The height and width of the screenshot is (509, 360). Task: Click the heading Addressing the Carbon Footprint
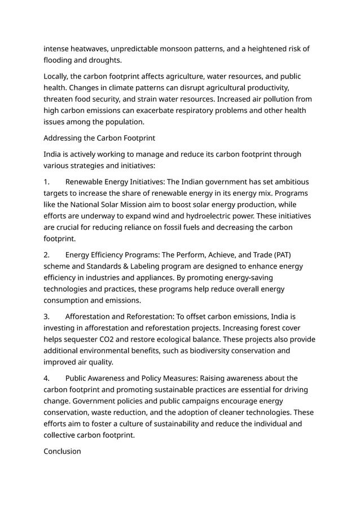99,138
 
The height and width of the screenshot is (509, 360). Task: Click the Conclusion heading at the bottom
62,451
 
